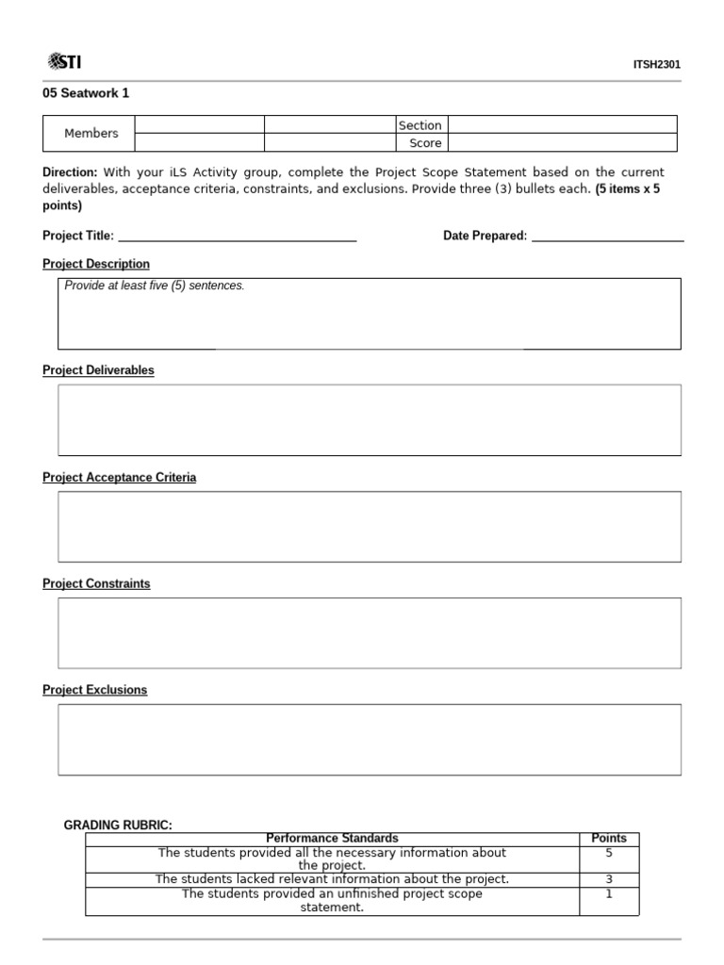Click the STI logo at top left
point(64,62)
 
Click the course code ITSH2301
point(657,65)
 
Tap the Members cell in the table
point(90,134)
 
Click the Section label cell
point(420,125)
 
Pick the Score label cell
point(424,143)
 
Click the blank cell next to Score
point(562,143)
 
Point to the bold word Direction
point(70,172)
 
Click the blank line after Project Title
point(237,236)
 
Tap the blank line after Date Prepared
point(607,236)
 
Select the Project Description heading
point(96,264)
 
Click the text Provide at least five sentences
point(155,286)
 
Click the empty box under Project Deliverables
point(370,419)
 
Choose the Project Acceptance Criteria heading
point(120,478)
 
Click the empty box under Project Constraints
point(370,632)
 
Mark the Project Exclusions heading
point(95,690)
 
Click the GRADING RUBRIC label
point(118,826)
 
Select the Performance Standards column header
point(332,838)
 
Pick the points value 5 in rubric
point(608,853)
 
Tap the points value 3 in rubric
point(608,879)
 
